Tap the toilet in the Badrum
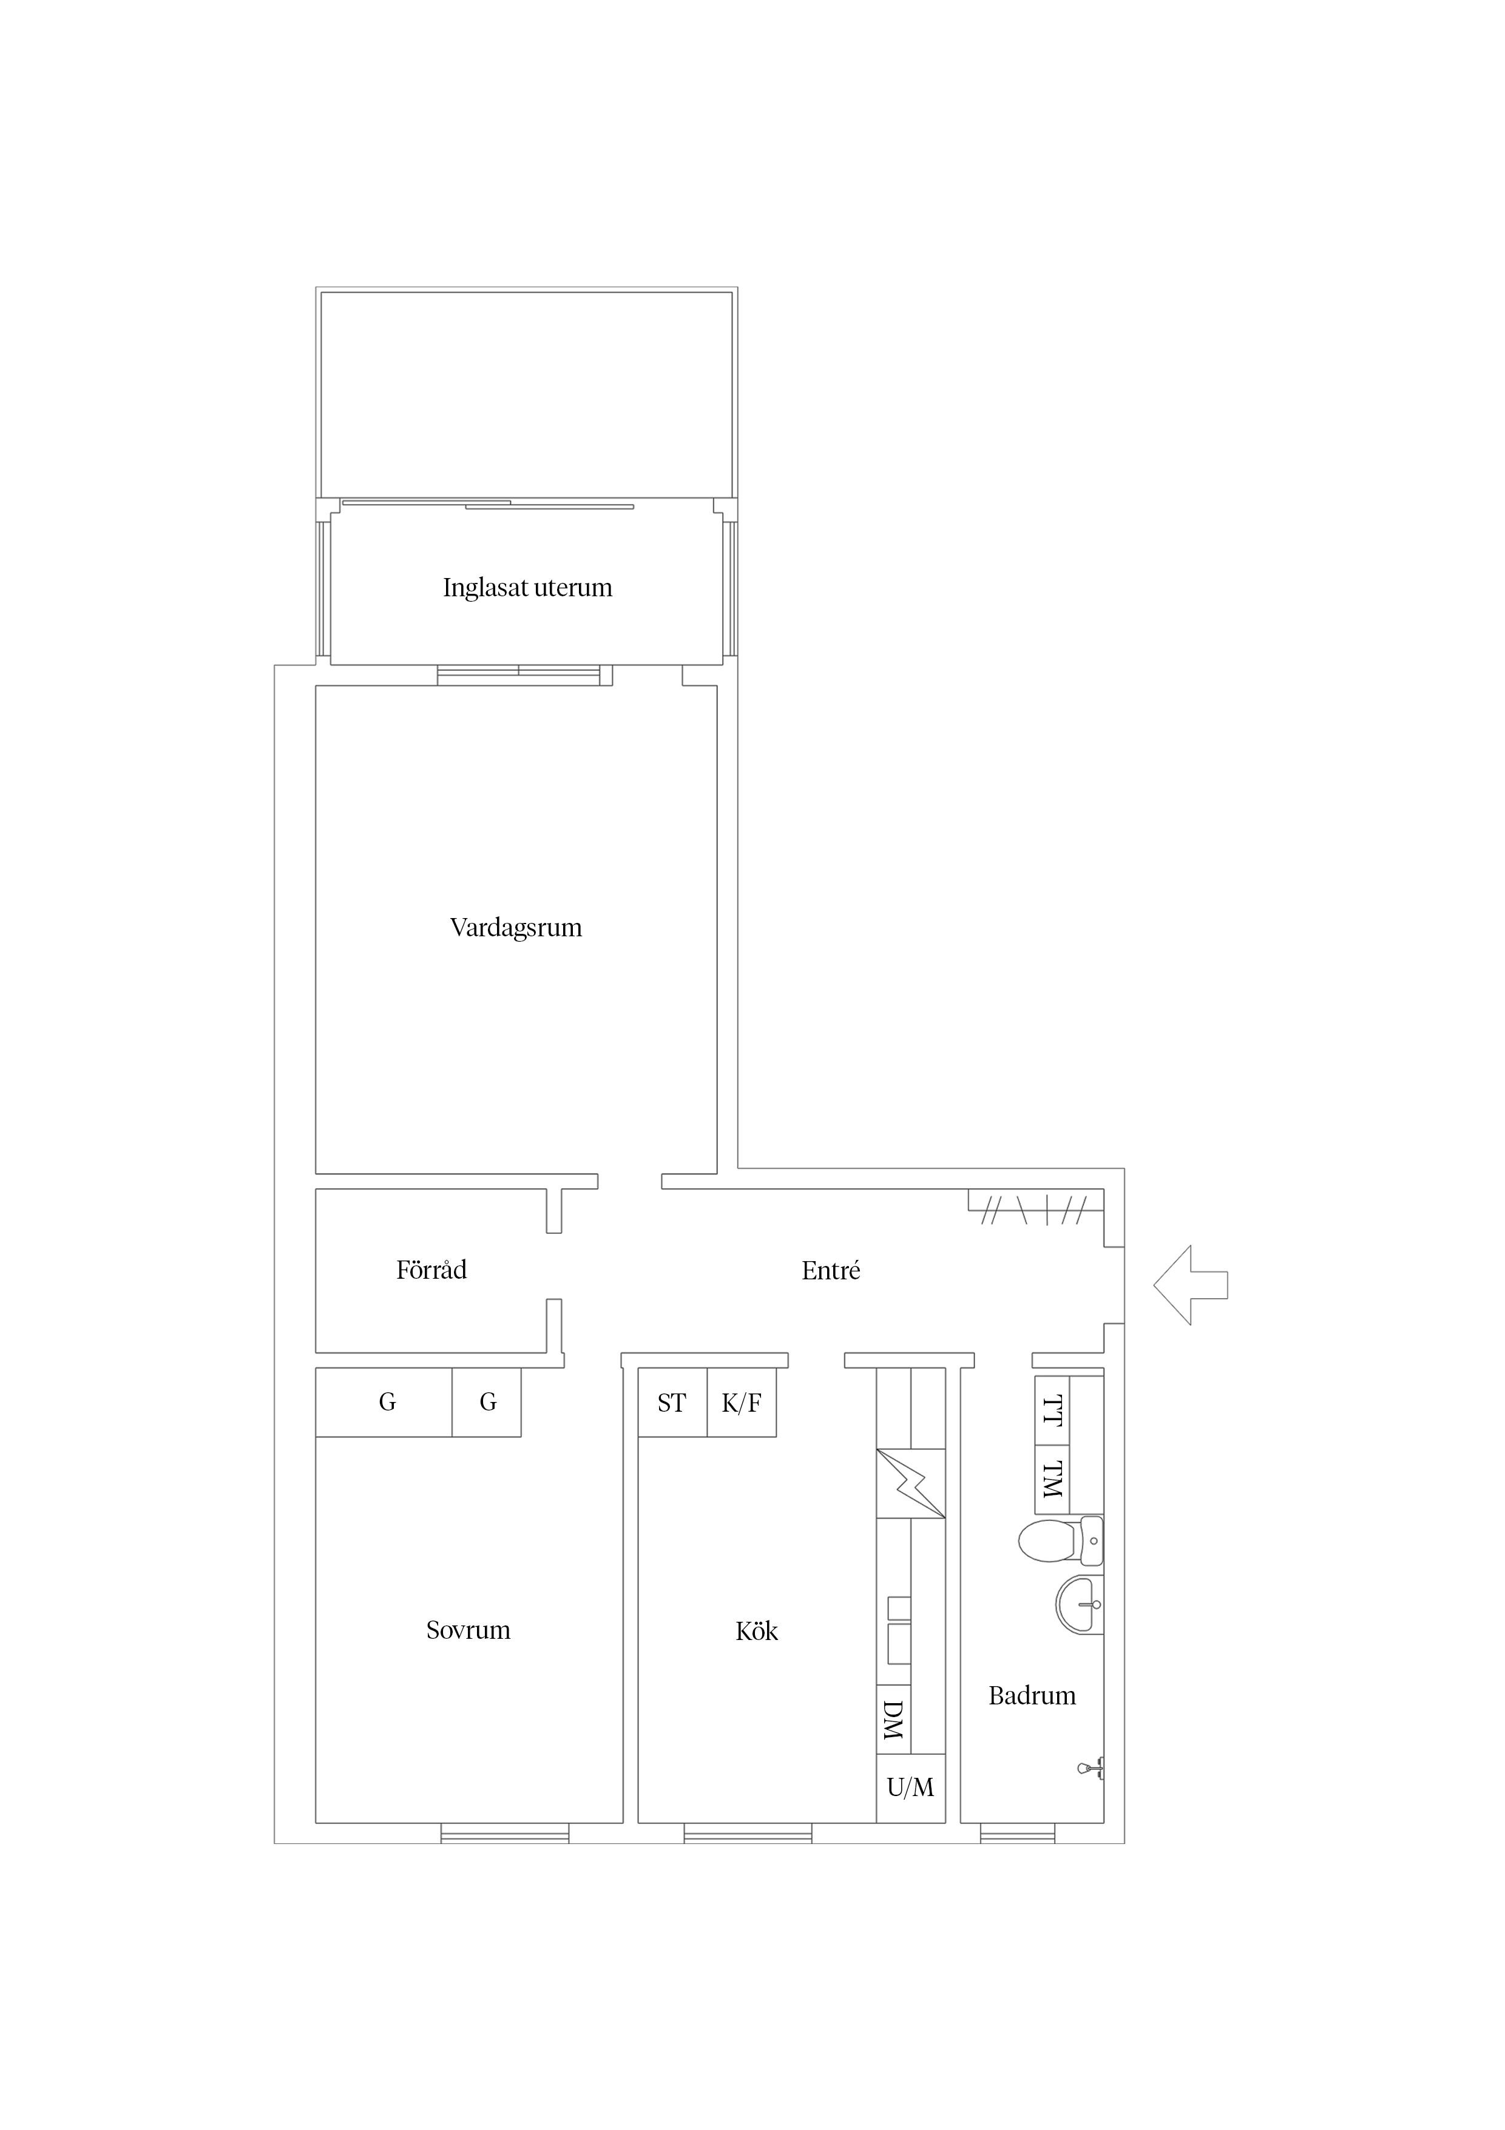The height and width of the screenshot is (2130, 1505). tap(1061, 1541)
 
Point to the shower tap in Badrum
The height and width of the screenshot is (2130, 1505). tap(1091, 1769)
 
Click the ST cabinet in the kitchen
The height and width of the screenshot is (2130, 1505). tap(672, 1403)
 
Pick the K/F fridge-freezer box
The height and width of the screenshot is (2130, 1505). tap(742, 1403)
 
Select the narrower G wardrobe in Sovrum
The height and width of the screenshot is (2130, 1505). tap(487, 1403)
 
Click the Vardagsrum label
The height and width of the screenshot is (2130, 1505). tap(516, 928)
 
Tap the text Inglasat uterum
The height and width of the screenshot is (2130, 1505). tap(527, 588)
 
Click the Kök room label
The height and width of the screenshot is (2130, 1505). tap(757, 1632)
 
